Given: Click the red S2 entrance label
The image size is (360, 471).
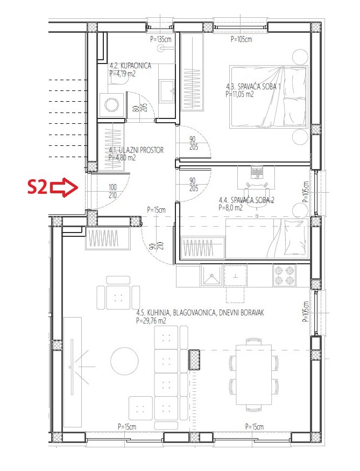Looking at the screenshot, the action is (x=37, y=187).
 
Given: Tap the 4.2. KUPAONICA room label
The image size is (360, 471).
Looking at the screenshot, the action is (x=130, y=66).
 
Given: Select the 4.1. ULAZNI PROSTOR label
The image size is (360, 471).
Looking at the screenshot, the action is (x=136, y=150).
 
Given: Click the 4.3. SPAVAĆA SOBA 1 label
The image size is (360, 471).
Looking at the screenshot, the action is (x=253, y=87).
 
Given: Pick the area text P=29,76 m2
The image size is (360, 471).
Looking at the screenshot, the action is (x=151, y=321).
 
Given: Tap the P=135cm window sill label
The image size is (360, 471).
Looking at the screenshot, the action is (x=161, y=39).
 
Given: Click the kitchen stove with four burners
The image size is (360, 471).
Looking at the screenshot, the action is (x=284, y=276).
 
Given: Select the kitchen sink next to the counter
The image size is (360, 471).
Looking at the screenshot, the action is (x=211, y=275).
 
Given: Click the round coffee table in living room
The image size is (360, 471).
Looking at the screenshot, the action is (x=124, y=361).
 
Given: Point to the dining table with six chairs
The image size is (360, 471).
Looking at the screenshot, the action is (x=253, y=375).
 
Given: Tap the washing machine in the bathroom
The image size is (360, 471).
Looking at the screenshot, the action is (x=112, y=105).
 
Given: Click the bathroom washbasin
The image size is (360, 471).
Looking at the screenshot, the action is (x=167, y=91).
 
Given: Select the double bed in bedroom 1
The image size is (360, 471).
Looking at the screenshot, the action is (x=269, y=97).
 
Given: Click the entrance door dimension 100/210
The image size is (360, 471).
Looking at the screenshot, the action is (x=112, y=191).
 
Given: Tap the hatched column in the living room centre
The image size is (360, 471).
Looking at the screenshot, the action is (x=194, y=360).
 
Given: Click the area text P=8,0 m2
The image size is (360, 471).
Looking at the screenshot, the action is (x=231, y=208).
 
